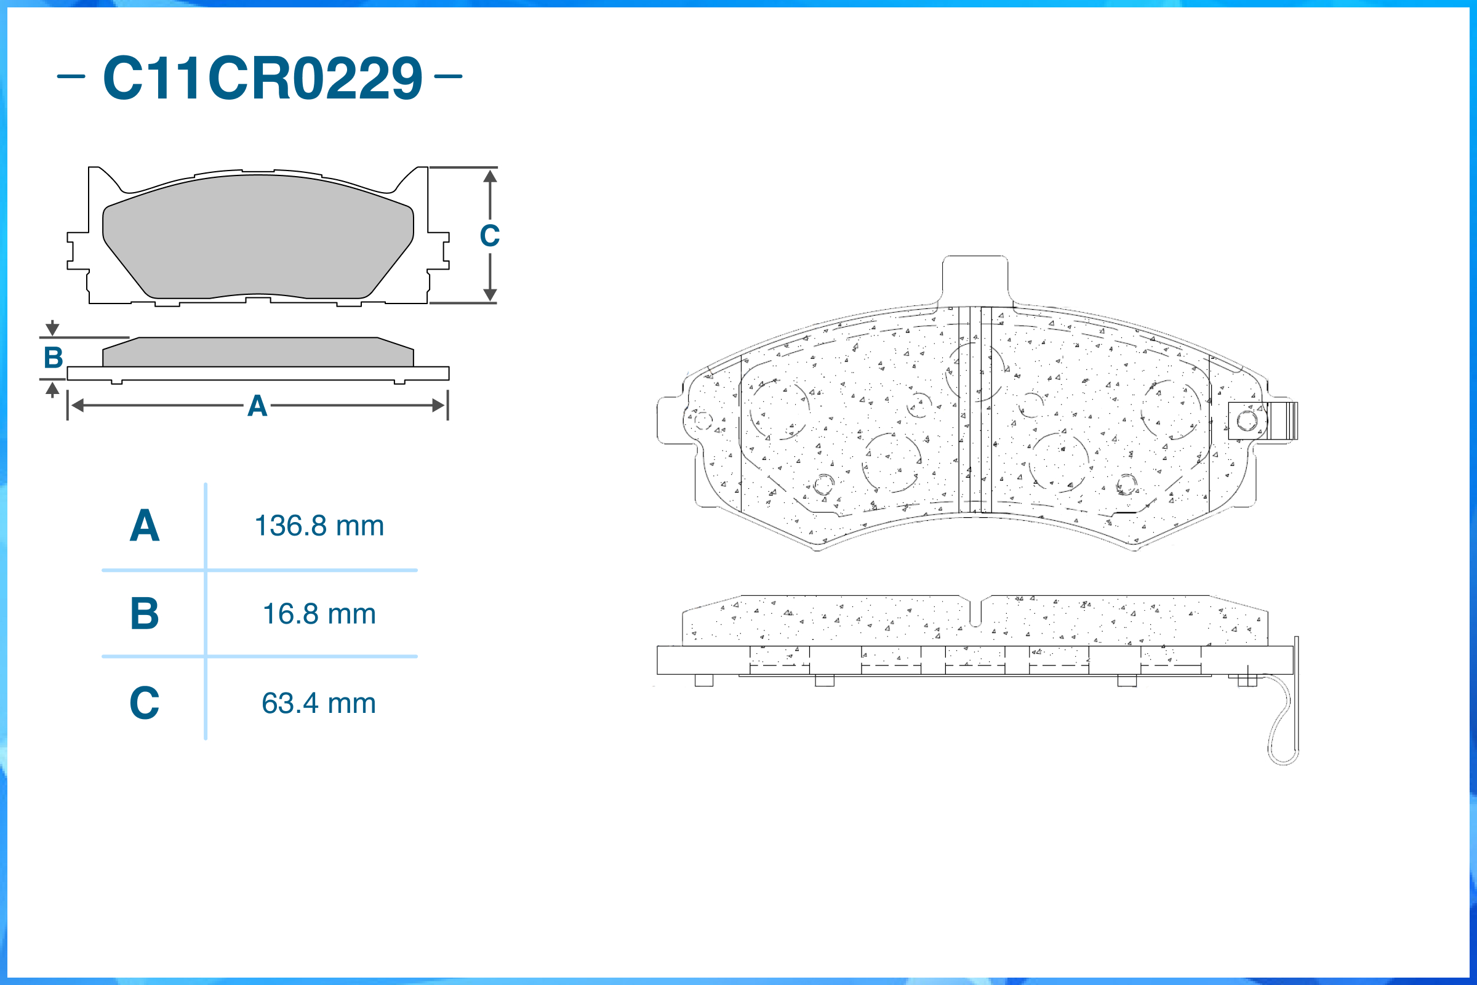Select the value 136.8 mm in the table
click(x=319, y=526)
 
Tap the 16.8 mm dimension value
click(x=319, y=614)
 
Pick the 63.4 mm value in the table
click(x=319, y=703)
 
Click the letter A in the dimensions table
click(x=145, y=525)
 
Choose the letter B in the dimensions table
click(x=145, y=613)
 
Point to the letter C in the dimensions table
click(x=145, y=702)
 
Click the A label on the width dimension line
click(x=257, y=406)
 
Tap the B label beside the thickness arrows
click(x=54, y=358)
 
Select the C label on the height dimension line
click(x=490, y=236)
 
